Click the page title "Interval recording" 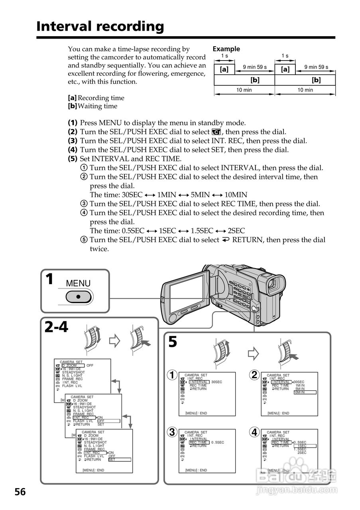click(x=100, y=26)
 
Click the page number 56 click(x=20, y=492)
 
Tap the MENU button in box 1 click(x=79, y=296)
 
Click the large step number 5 click(x=173, y=342)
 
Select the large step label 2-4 click(x=57, y=327)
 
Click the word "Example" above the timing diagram click(x=226, y=49)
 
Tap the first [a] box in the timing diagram click(x=224, y=69)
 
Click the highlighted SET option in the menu click(x=119, y=459)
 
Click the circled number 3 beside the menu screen click(x=172, y=432)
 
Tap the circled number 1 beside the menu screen click(x=172, y=375)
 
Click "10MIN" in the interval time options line click(x=236, y=195)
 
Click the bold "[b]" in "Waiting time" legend click(x=72, y=106)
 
